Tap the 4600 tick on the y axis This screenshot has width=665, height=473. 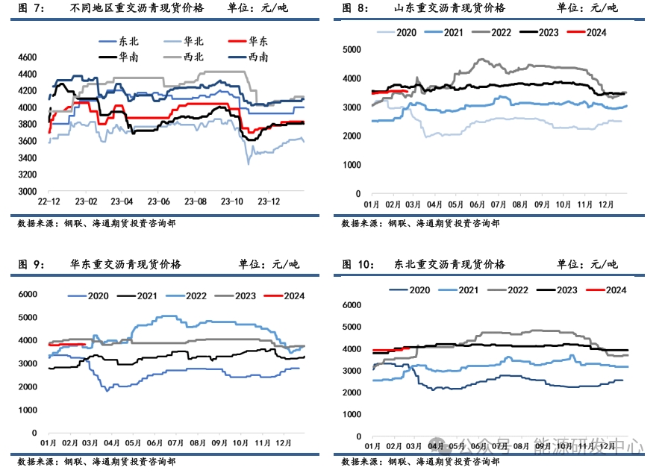pyautogui.click(x=27, y=57)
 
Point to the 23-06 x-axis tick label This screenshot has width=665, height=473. pyautogui.click(x=160, y=201)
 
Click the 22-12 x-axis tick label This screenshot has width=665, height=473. pyautogui.click(x=49, y=201)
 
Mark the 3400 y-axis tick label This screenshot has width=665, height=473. pyautogui.click(x=27, y=158)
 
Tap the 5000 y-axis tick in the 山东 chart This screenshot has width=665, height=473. pyautogui.click(x=352, y=49)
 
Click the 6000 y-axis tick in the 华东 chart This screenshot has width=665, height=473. pyautogui.click(x=27, y=295)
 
